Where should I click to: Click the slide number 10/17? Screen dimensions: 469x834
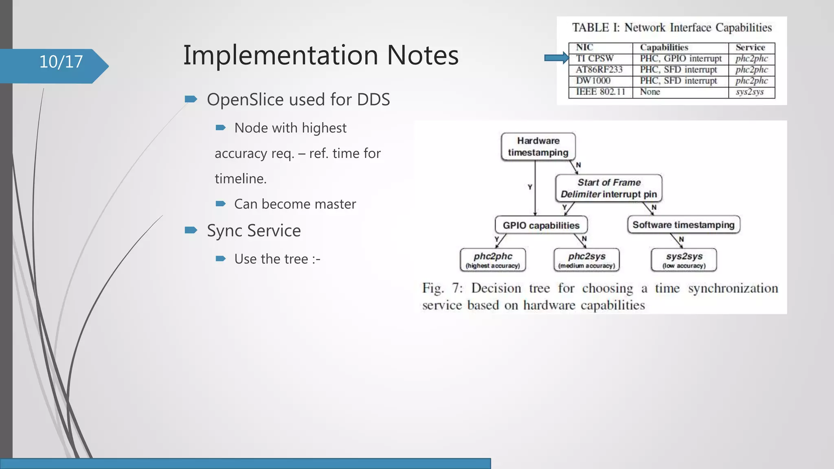click(61, 62)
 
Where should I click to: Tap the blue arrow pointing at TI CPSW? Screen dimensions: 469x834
click(556, 58)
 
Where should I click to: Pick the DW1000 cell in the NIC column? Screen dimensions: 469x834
click(593, 81)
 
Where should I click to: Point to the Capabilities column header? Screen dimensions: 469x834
click(664, 48)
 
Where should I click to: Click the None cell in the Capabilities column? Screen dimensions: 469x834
click(650, 92)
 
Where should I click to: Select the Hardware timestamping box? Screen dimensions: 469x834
click(538, 147)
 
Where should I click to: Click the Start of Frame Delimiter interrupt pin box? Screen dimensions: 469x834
click(609, 188)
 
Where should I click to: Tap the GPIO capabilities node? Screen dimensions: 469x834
click(541, 225)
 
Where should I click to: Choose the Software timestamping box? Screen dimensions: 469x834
click(683, 225)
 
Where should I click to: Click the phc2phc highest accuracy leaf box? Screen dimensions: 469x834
click(493, 260)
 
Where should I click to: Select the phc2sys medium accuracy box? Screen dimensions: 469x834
click(586, 260)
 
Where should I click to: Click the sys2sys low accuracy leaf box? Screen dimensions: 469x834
click(684, 260)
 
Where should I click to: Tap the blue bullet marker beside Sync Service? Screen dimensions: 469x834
click(191, 230)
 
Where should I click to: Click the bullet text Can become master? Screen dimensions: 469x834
click(295, 204)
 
